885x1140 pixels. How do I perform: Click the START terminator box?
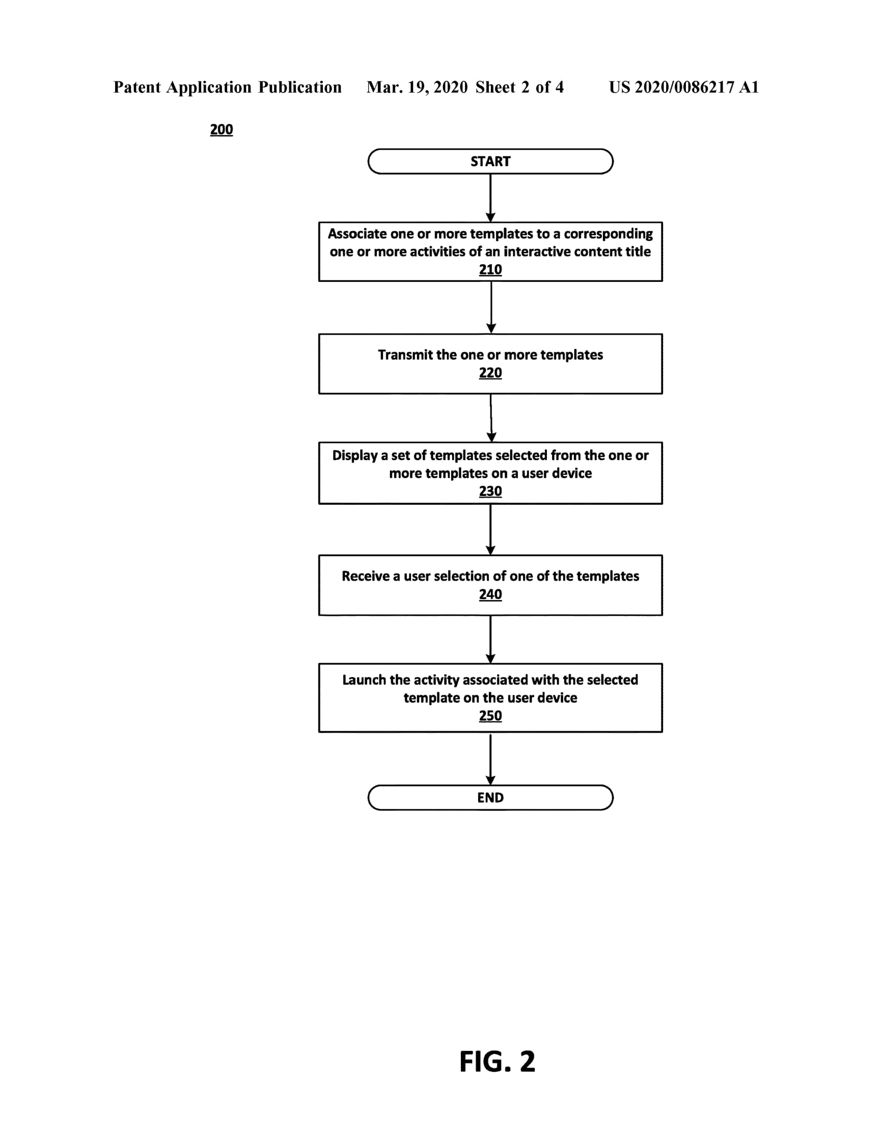pyautogui.click(x=490, y=161)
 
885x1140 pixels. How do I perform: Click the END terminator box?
pyautogui.click(x=490, y=797)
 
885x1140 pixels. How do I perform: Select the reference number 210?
pyautogui.click(x=490, y=270)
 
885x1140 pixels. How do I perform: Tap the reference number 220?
pyautogui.click(x=490, y=373)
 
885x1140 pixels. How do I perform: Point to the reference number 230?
pyautogui.click(x=490, y=492)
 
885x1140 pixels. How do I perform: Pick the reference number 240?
pyautogui.click(x=490, y=594)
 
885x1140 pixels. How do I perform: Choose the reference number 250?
pyautogui.click(x=490, y=716)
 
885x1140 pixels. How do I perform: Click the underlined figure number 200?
pyautogui.click(x=221, y=130)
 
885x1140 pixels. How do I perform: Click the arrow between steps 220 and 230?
pyautogui.click(x=491, y=418)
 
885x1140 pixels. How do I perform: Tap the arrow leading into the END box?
pyautogui.click(x=490, y=759)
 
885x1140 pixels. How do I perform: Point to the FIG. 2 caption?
pyautogui.click(x=497, y=1061)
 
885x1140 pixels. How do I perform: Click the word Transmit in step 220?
pyautogui.click(x=405, y=355)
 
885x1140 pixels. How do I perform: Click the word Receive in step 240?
pyautogui.click(x=366, y=576)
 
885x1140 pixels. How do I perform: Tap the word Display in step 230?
pyautogui.click(x=355, y=455)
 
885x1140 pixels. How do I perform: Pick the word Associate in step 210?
pyautogui.click(x=357, y=234)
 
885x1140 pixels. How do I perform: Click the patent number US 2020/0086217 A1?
pyautogui.click(x=684, y=87)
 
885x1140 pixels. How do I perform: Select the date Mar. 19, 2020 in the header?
pyautogui.click(x=417, y=87)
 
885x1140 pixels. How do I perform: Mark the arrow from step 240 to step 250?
pyautogui.click(x=490, y=640)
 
